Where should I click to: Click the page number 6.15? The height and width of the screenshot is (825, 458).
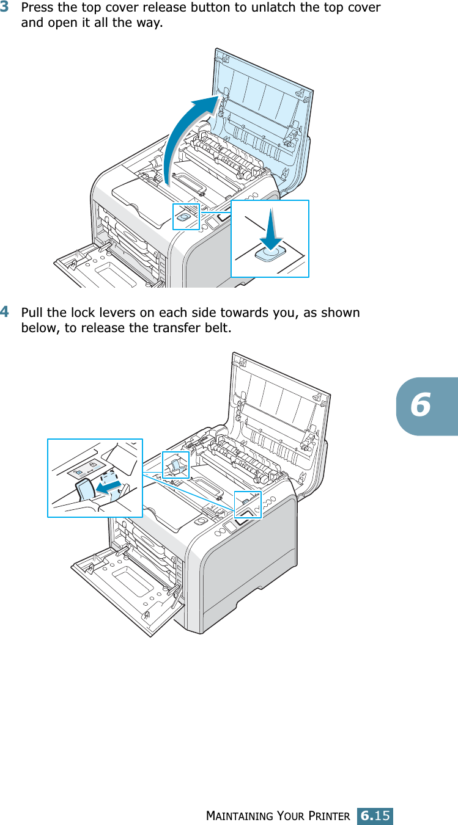click(x=375, y=815)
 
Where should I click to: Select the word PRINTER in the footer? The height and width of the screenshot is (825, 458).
click(x=327, y=816)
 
